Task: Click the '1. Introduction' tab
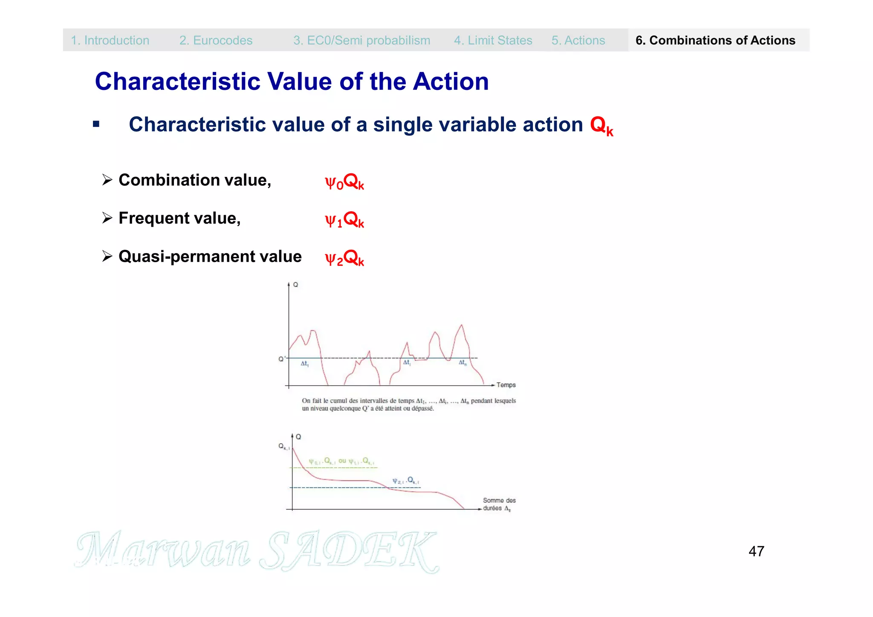[110, 40]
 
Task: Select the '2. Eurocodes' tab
[216, 40]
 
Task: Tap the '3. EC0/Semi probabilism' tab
[361, 40]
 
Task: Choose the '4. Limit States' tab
[493, 40]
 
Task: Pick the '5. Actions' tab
[578, 40]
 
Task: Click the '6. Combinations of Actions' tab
[715, 40]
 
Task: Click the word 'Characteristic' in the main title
[177, 81]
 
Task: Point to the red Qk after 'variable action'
[601, 126]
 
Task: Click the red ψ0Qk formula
[344, 182]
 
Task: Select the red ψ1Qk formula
[344, 220]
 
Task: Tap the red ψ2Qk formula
[344, 258]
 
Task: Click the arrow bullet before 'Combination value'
[107, 180]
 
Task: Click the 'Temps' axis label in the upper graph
[506, 385]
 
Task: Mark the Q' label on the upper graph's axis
[282, 359]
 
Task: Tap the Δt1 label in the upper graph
[304, 364]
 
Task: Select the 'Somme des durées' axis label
[499, 504]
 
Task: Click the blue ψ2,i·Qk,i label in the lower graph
[405, 481]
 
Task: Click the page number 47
[756, 551]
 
